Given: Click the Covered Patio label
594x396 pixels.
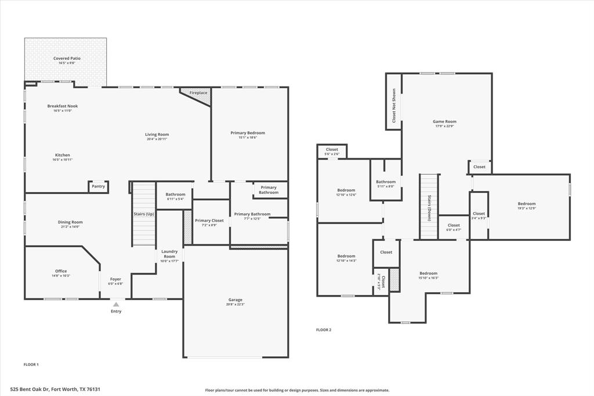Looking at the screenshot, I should [x=67, y=59].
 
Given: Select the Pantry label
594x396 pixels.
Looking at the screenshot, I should [x=99, y=186].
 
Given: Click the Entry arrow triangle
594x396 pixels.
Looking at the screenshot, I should [x=116, y=304].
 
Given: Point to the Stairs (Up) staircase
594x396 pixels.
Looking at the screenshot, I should [x=143, y=214].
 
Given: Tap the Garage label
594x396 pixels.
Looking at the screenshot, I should [x=236, y=300].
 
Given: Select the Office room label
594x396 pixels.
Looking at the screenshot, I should [x=61, y=271].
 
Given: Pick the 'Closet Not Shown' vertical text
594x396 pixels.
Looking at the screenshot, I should [x=394, y=105].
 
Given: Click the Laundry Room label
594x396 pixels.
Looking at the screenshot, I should [x=169, y=254].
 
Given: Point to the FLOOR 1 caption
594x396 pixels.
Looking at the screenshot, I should [x=31, y=365].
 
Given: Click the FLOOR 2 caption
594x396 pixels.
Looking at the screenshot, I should [x=324, y=330].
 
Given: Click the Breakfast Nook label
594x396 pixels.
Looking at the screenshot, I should [x=63, y=106].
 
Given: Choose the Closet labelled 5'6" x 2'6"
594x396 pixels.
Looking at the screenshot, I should [x=332, y=152].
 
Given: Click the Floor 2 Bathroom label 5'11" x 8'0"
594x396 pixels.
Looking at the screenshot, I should [x=386, y=183].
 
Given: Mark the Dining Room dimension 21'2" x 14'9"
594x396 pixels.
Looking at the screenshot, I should [x=70, y=226].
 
